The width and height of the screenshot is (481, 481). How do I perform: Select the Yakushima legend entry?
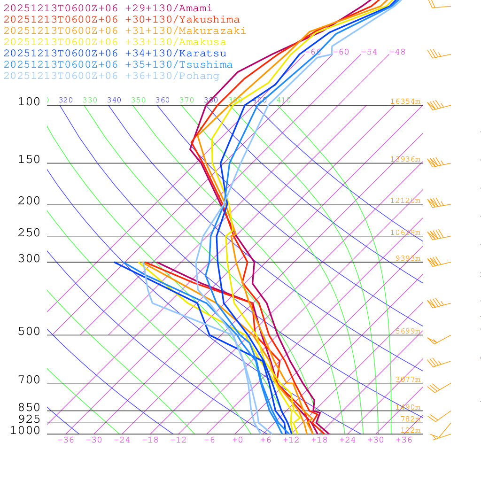click(x=121, y=20)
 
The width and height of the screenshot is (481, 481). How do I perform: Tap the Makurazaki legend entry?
click(x=124, y=31)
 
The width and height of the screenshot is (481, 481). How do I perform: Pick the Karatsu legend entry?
click(x=115, y=54)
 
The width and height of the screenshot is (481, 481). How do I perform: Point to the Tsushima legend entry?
click(x=118, y=65)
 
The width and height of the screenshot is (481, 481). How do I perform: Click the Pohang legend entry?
click(x=111, y=76)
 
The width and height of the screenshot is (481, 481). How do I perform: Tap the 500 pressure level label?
click(x=29, y=332)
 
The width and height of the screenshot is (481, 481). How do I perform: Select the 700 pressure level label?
click(x=29, y=380)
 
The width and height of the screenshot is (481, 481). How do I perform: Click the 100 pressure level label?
click(x=29, y=102)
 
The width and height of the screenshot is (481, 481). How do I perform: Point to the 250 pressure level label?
click(x=29, y=233)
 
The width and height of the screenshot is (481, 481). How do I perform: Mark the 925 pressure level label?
click(x=29, y=419)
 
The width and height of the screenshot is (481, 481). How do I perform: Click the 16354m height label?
click(x=405, y=101)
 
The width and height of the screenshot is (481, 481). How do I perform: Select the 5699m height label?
click(x=407, y=331)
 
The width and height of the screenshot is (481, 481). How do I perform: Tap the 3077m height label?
click(x=407, y=380)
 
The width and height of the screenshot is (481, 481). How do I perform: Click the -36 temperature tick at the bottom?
click(x=65, y=440)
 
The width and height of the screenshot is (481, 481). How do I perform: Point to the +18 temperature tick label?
click(x=319, y=440)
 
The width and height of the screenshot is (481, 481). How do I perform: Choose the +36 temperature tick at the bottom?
click(x=403, y=440)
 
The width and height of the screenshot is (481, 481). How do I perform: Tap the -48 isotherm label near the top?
click(x=397, y=52)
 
